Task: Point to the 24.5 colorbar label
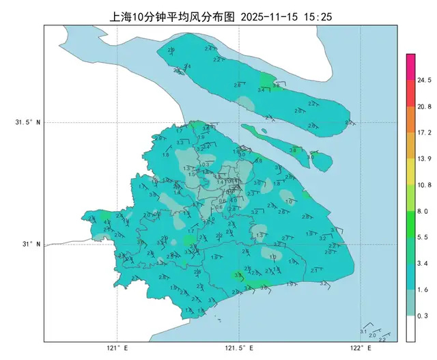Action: pos(425,80)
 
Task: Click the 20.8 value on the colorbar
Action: pos(425,107)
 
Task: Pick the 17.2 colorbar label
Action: pos(425,133)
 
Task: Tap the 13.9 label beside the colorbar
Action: pos(425,158)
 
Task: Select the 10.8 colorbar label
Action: pos(425,185)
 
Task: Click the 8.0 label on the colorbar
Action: pos(423,212)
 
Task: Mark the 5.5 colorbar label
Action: pos(423,237)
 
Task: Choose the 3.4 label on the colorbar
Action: pos(423,264)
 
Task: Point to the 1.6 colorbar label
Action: pos(423,290)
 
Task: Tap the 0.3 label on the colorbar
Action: pos(423,316)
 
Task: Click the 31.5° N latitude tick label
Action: pos(28,123)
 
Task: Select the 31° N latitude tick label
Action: pos(30,244)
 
